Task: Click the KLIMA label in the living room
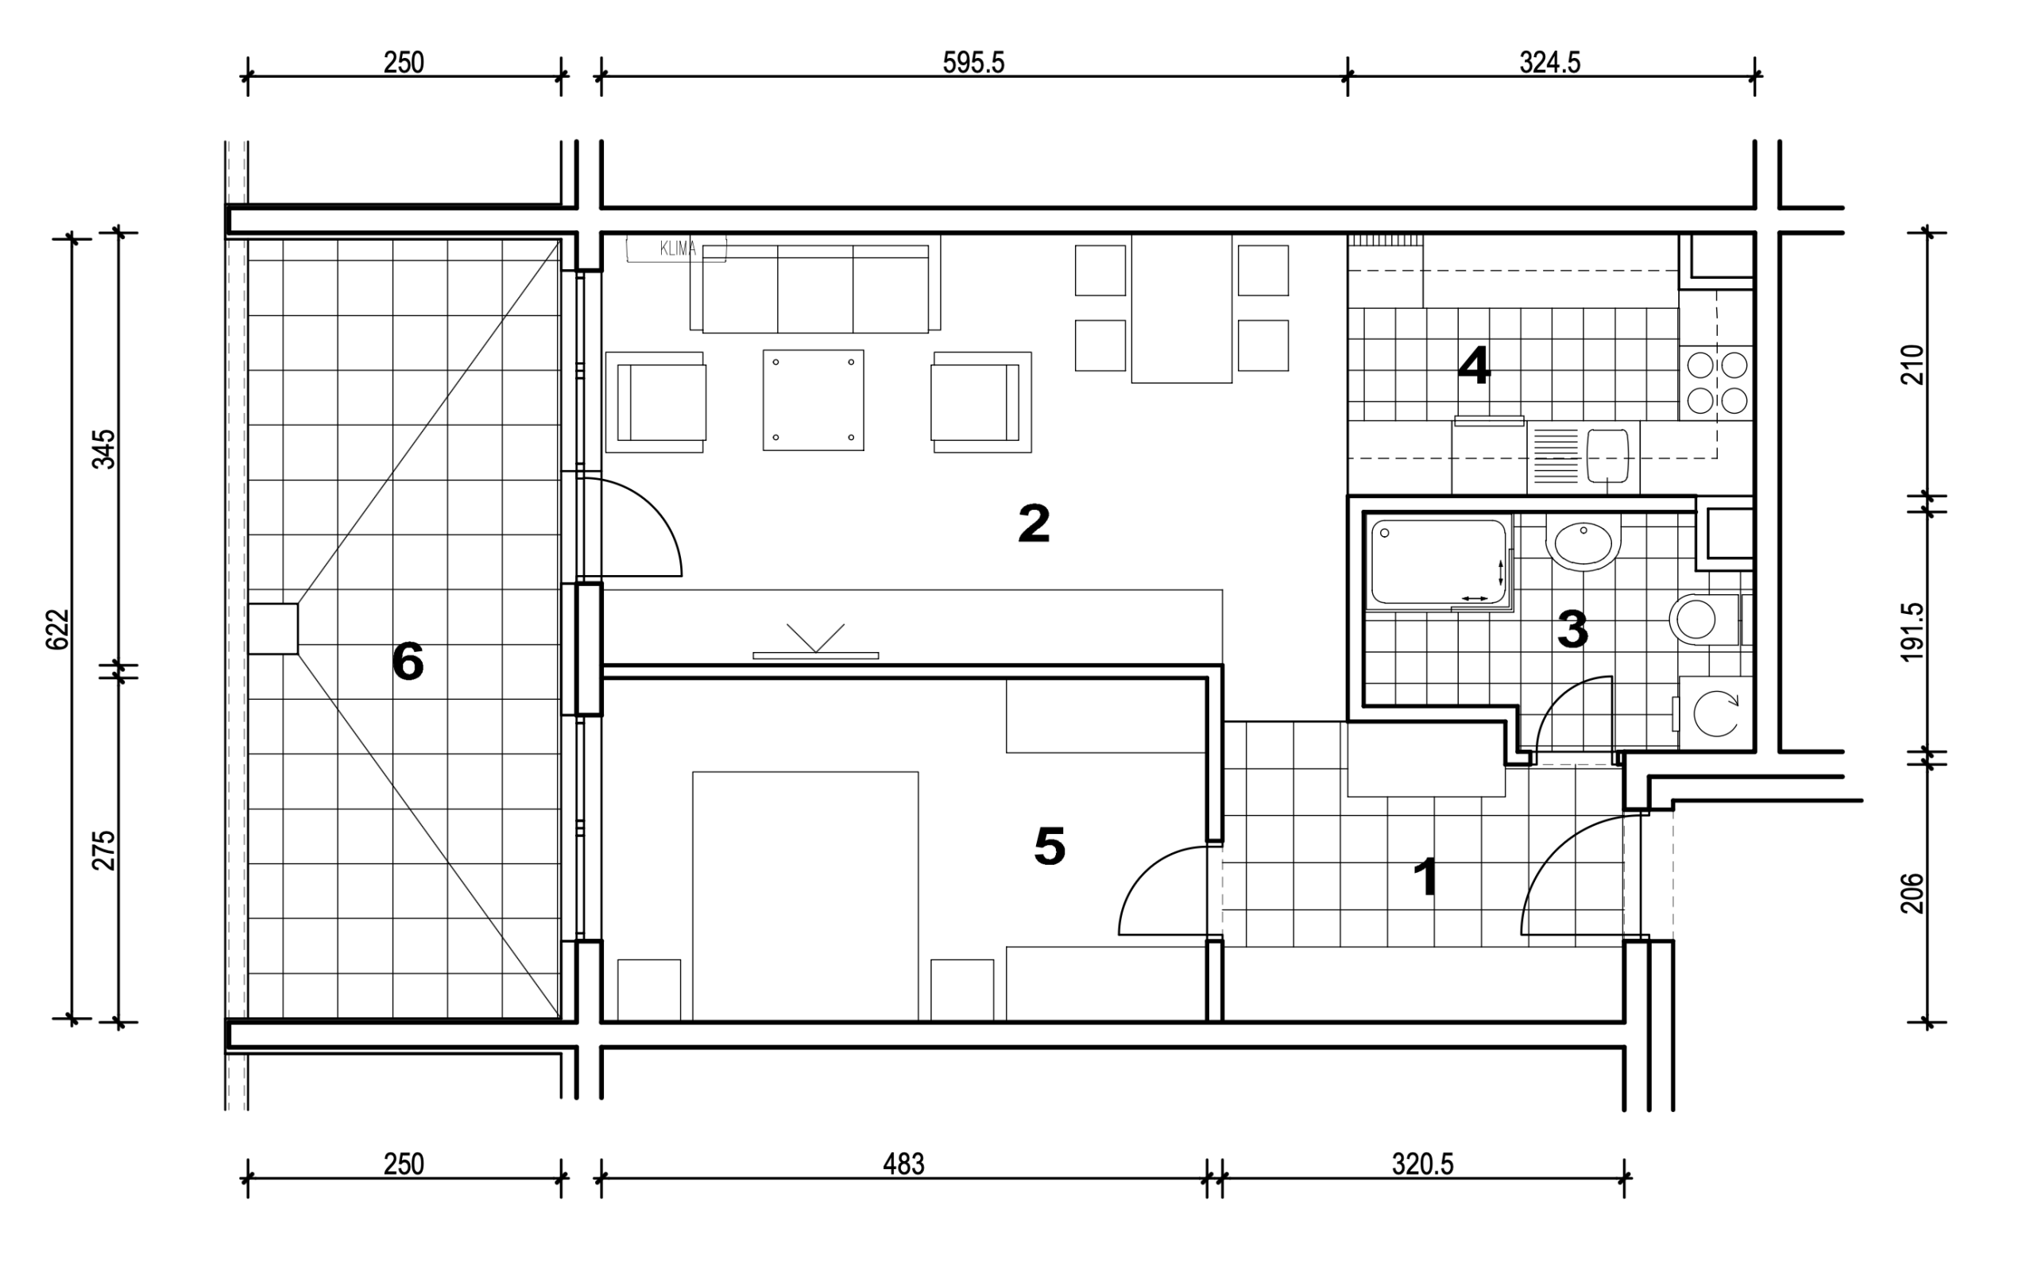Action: point(678,249)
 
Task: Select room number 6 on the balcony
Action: point(408,662)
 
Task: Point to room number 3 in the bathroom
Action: point(1572,630)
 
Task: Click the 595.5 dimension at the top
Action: point(973,63)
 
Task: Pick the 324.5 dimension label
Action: point(1550,63)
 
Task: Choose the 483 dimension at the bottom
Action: point(903,1164)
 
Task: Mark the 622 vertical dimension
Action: point(57,629)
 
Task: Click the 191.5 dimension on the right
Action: point(1912,632)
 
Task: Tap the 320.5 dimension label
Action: point(1423,1164)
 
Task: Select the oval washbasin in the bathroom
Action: point(1583,543)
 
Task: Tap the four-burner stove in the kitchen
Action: point(1717,383)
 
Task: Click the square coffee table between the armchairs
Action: point(813,400)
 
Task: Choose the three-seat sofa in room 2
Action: point(814,284)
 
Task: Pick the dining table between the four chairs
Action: point(1181,309)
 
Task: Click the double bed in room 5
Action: point(806,896)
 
